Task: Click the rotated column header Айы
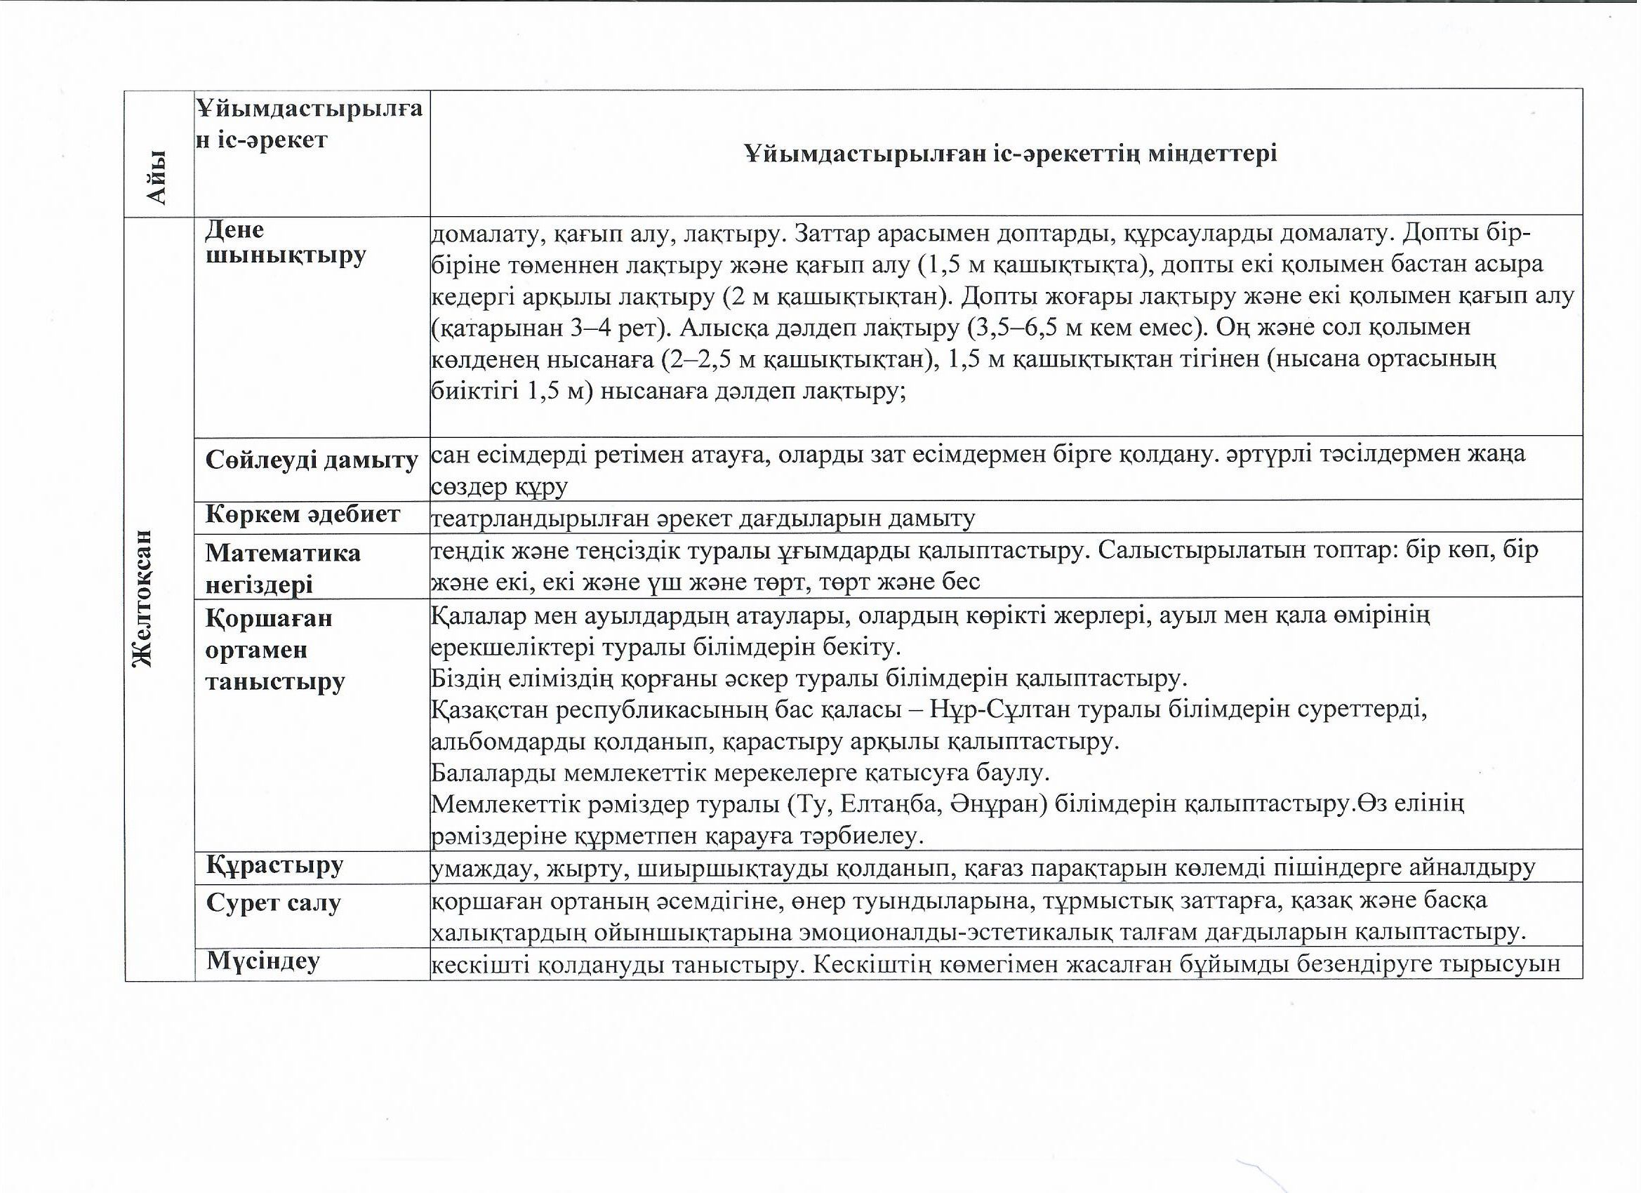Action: (157, 178)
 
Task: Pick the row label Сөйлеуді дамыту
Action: (312, 460)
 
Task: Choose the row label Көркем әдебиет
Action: (303, 514)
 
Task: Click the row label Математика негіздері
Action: (282, 568)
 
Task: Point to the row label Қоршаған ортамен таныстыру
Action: (275, 650)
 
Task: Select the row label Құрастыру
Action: (275, 865)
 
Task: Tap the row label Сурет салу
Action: (273, 903)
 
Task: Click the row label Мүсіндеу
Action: (263, 961)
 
